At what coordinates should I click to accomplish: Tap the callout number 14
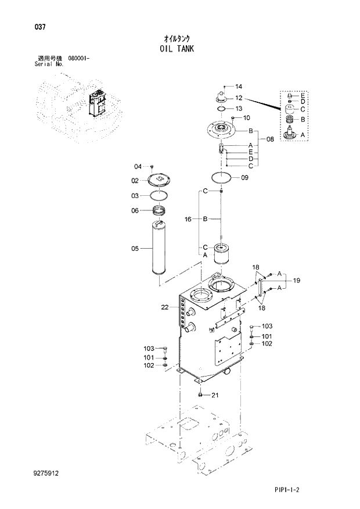tap(239, 87)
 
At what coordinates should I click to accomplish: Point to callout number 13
tap(239, 108)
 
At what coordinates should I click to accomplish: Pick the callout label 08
tap(269, 139)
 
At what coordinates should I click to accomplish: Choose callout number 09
tap(244, 178)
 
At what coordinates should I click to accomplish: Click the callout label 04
tap(138, 166)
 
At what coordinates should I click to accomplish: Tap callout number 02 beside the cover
tap(135, 181)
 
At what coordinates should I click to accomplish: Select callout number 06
tap(135, 210)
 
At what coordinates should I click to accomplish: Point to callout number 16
tap(188, 219)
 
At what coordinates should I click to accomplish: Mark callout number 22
tap(165, 307)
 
